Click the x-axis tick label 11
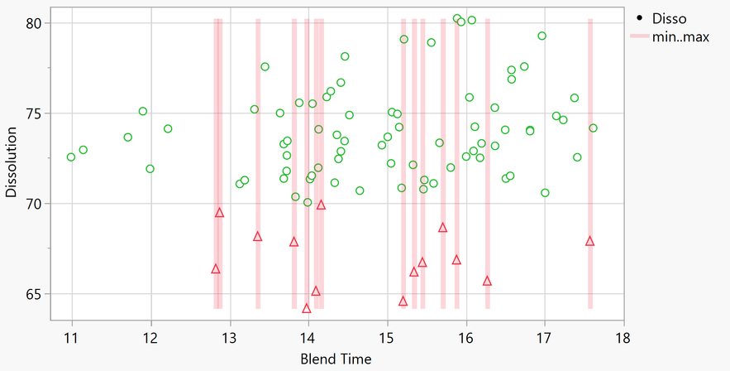click(x=71, y=339)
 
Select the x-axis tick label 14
click(x=308, y=339)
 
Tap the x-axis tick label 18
click(x=623, y=339)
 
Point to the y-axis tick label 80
click(x=32, y=23)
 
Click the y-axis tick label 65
click(x=32, y=294)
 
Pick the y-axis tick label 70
click(x=32, y=204)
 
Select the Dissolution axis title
click(x=12, y=162)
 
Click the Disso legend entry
click(x=668, y=17)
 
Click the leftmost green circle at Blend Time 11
click(x=71, y=157)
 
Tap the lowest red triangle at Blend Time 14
click(x=307, y=308)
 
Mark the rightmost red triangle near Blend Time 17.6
click(x=589, y=241)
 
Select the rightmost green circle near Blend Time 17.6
click(x=593, y=128)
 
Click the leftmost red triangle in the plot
click(x=216, y=268)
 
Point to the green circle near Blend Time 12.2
click(x=168, y=128)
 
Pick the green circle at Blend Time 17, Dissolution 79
click(x=542, y=36)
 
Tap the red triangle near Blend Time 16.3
click(x=488, y=281)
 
